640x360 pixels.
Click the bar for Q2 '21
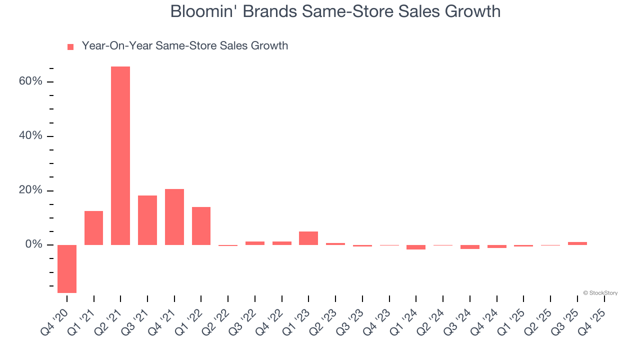click(x=120, y=155)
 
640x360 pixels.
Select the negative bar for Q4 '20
click(x=67, y=268)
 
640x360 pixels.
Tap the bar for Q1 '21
click(x=93, y=228)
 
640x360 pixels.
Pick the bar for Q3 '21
click(x=147, y=220)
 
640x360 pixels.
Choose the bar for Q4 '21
click(x=174, y=217)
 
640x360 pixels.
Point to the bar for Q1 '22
click(x=201, y=226)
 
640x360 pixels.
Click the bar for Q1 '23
click(x=308, y=238)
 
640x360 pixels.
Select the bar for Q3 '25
click(x=577, y=243)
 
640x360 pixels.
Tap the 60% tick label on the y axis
click(x=31, y=81)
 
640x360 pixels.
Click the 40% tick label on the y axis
click(x=31, y=136)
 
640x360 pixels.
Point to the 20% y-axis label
click(x=31, y=190)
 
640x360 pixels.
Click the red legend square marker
click(x=70, y=47)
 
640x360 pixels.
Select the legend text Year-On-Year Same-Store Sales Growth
click(x=185, y=46)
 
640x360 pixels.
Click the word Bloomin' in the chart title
click(x=203, y=11)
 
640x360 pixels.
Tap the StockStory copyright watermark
click(x=600, y=293)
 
